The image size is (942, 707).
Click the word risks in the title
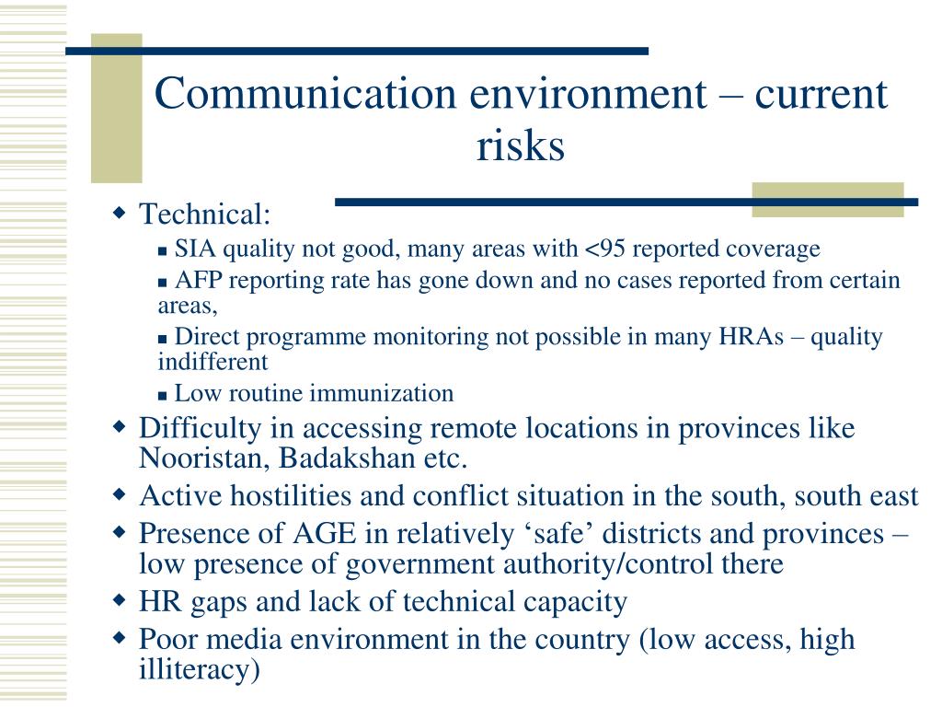pos(520,145)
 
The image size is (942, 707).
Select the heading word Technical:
pos(204,214)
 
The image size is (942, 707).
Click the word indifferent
pos(213,361)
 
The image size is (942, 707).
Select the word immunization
pos(380,394)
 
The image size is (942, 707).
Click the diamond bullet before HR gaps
pos(120,601)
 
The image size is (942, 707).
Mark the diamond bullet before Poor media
pos(120,637)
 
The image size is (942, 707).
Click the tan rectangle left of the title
pos(117,109)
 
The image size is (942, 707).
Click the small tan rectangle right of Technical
pos(827,200)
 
